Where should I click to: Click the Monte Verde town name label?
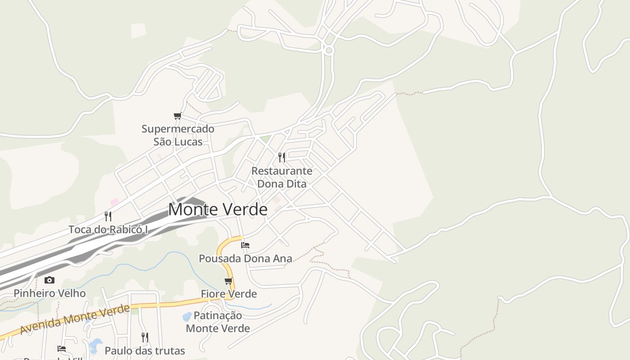pos(218,210)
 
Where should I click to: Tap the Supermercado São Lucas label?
pos(178,135)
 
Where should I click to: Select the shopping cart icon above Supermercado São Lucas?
pos(178,116)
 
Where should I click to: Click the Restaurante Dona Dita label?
pos(282,177)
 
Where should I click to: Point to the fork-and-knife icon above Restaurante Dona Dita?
pos(282,157)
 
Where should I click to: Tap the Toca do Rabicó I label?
pos(108,229)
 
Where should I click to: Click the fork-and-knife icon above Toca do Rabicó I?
pos(108,216)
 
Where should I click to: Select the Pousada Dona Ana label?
pos(246,259)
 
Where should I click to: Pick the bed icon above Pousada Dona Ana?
pos(245,245)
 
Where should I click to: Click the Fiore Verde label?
pos(229,294)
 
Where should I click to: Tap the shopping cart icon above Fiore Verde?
pos(229,281)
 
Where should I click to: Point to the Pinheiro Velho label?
pos(49,293)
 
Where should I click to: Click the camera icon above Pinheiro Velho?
pos(49,280)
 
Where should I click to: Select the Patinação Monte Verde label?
pos(218,322)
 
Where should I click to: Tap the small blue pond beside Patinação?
pos(187,317)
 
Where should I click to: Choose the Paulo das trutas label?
pos(145,351)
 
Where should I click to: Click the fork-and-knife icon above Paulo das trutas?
pos(145,337)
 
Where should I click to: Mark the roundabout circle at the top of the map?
pos(329,50)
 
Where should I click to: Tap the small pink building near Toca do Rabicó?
pos(114,202)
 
